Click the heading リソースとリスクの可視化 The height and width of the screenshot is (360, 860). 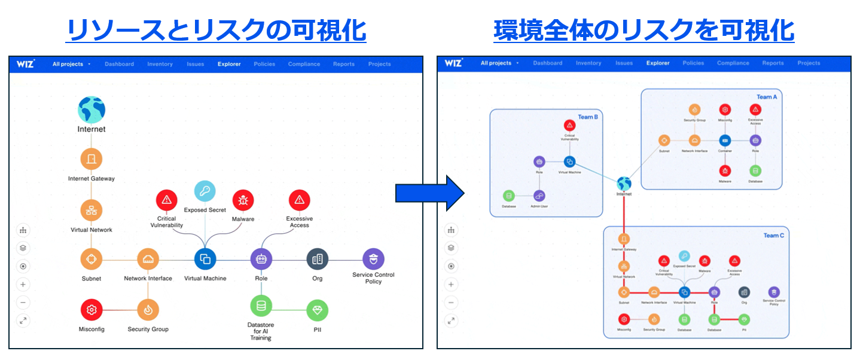216,30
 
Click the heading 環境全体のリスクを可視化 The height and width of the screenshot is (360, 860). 644,30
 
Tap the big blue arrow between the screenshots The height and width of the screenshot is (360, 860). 429,193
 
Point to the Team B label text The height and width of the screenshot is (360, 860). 587,117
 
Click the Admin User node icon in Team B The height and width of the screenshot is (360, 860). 539,196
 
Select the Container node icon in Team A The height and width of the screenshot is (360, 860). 724,141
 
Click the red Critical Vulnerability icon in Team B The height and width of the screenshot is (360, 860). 569,126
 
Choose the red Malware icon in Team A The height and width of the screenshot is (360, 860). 724,171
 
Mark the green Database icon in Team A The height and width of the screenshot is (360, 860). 755,171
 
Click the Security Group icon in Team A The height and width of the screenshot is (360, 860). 694,110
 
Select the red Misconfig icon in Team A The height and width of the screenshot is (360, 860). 724,110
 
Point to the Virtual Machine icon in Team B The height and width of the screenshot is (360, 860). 569,161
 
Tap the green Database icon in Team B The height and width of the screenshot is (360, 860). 509,196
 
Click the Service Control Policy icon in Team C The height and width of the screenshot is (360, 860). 774,292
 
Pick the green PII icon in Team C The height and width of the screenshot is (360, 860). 745,319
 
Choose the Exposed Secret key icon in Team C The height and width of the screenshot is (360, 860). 685,256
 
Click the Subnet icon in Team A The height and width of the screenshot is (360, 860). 664,141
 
